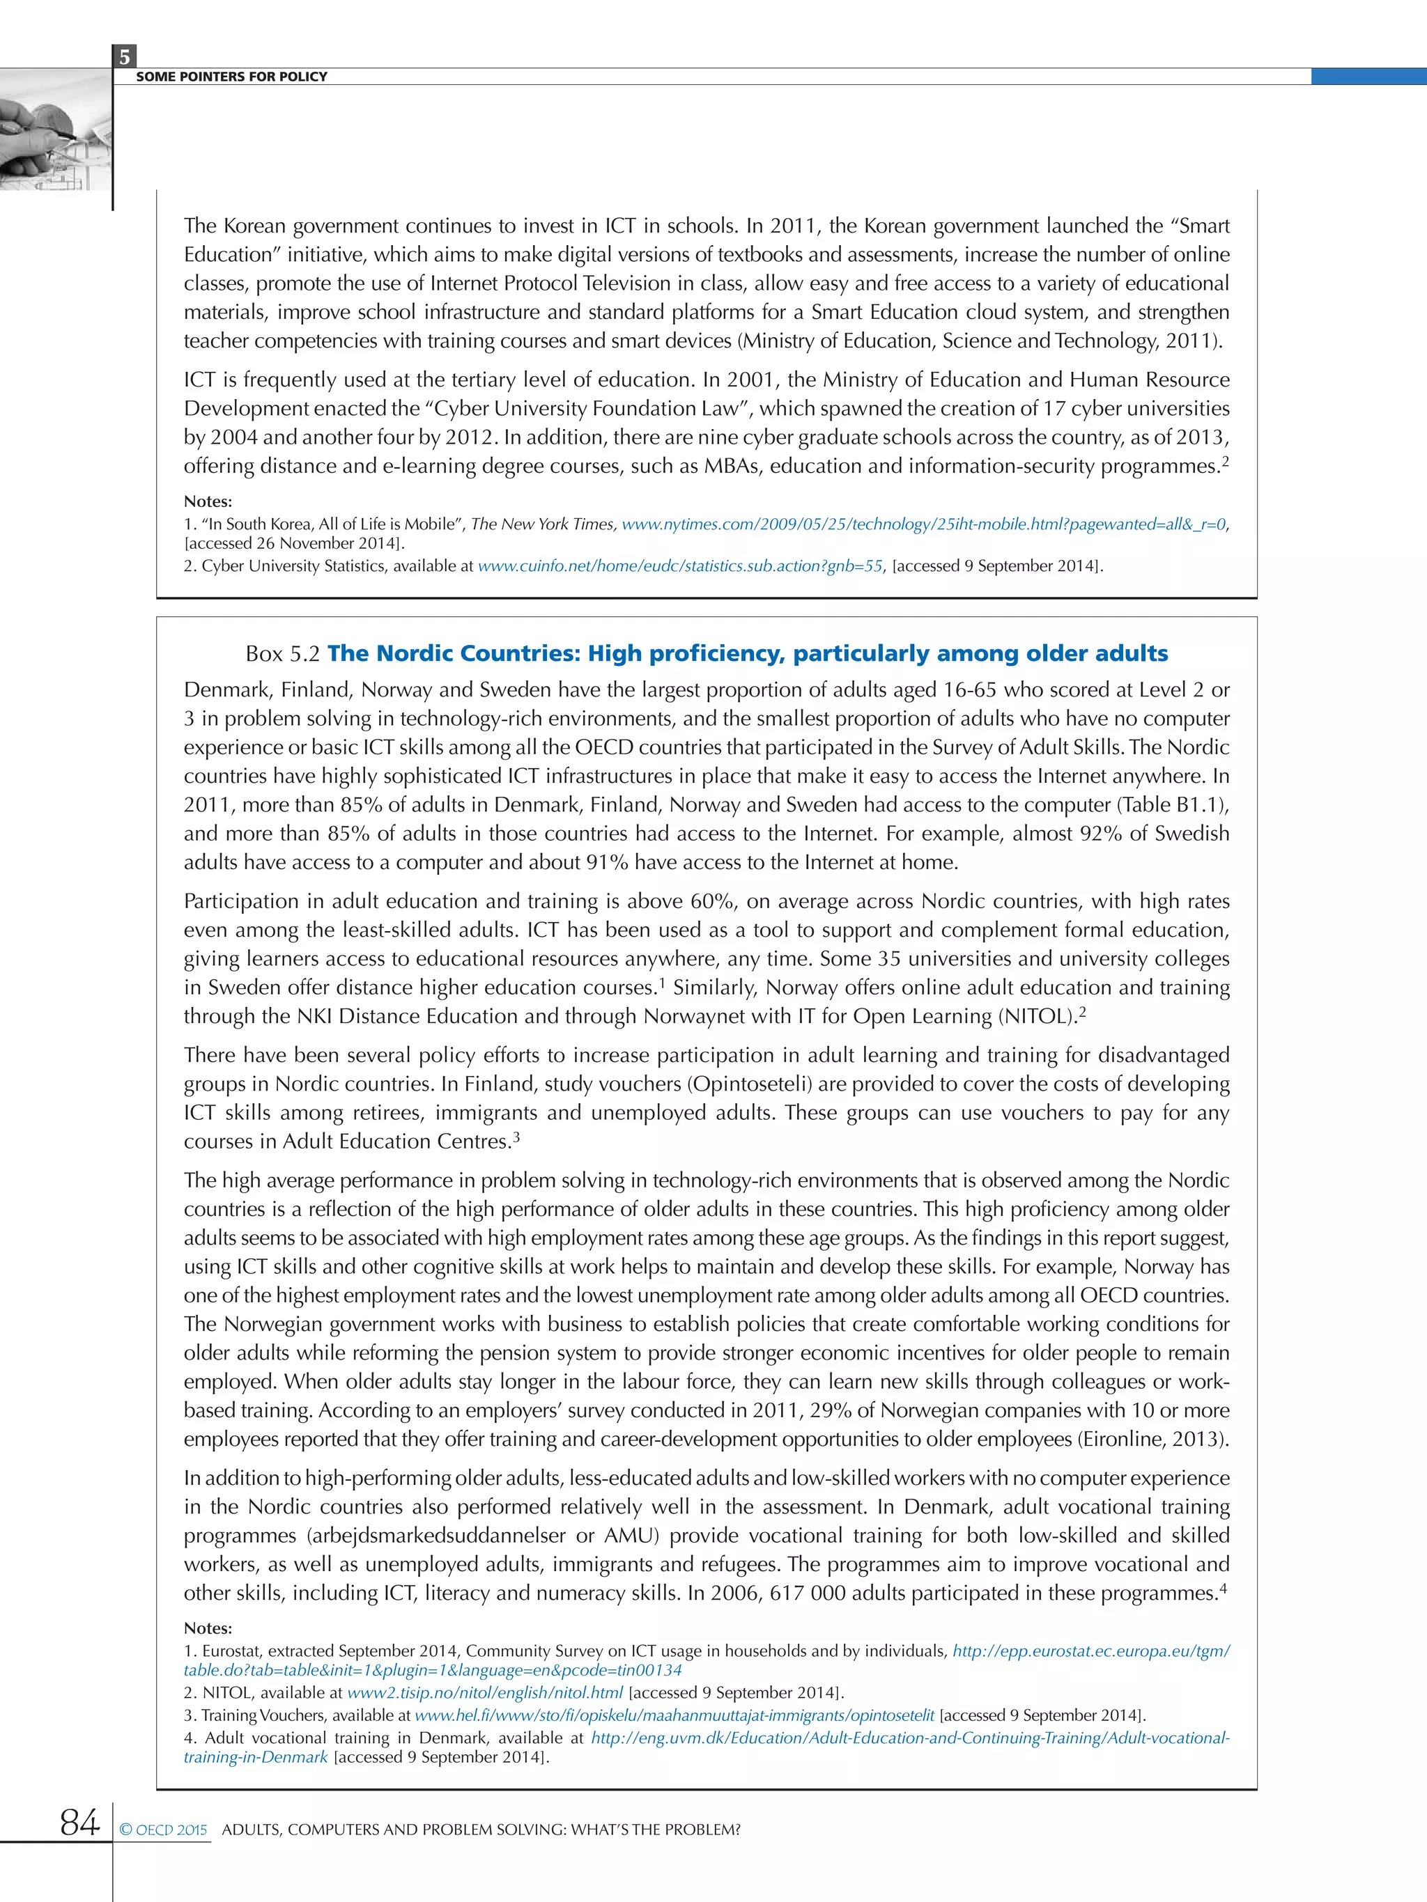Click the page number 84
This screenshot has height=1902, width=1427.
pyautogui.click(x=79, y=1821)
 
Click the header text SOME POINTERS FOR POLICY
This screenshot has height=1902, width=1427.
pyautogui.click(x=231, y=77)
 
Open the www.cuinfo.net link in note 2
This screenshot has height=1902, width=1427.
pyautogui.click(x=679, y=566)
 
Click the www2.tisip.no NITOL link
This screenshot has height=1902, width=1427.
pyautogui.click(x=484, y=1692)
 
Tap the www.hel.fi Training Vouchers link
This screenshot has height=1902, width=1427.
pyautogui.click(x=674, y=1715)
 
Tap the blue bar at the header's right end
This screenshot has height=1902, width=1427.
pyautogui.click(x=1368, y=77)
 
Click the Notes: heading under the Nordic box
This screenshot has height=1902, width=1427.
pyautogui.click(x=208, y=1628)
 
